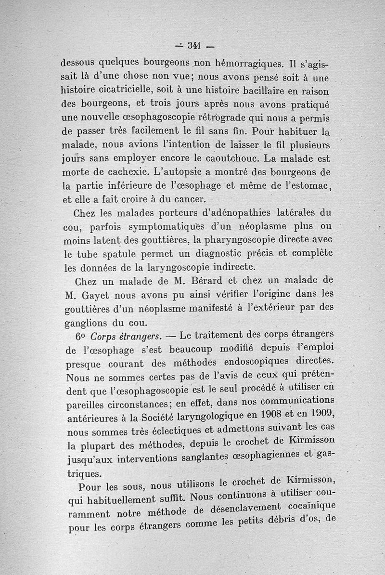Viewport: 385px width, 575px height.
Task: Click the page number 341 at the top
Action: (194, 46)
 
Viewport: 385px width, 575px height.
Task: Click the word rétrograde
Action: (219, 117)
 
